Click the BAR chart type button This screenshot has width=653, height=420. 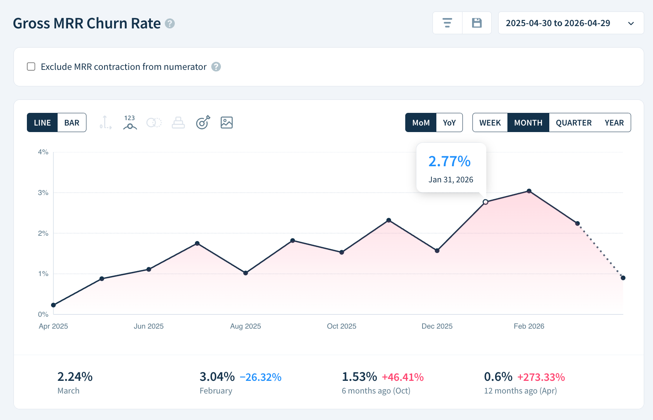pyautogui.click(x=72, y=123)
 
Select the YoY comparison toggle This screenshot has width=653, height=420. pyautogui.click(x=449, y=123)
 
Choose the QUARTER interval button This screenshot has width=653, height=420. pyautogui.click(x=573, y=123)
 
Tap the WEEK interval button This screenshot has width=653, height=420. pyautogui.click(x=490, y=123)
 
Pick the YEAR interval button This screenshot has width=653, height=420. pyautogui.click(x=614, y=123)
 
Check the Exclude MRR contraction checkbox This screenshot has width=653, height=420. pyautogui.click(x=31, y=67)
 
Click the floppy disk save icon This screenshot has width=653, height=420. pyautogui.click(x=477, y=23)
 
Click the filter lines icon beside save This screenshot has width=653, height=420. pyautogui.click(x=447, y=23)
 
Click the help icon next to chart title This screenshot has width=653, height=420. pyautogui.click(x=170, y=23)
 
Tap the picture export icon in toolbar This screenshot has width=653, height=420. pyautogui.click(x=227, y=122)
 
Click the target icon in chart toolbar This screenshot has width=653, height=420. pyautogui.click(x=203, y=122)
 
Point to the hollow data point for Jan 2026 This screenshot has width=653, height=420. pyautogui.click(x=486, y=202)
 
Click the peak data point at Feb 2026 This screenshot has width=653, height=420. pyautogui.click(x=529, y=191)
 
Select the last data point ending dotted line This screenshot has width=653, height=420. pyautogui.click(x=623, y=278)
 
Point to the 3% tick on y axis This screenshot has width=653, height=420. pyautogui.click(x=43, y=193)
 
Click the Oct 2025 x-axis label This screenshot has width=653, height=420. pyautogui.click(x=341, y=326)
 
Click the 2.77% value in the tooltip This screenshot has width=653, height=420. pyautogui.click(x=449, y=162)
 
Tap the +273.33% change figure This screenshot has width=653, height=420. pyautogui.click(x=541, y=377)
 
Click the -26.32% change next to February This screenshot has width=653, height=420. pyautogui.click(x=260, y=377)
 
